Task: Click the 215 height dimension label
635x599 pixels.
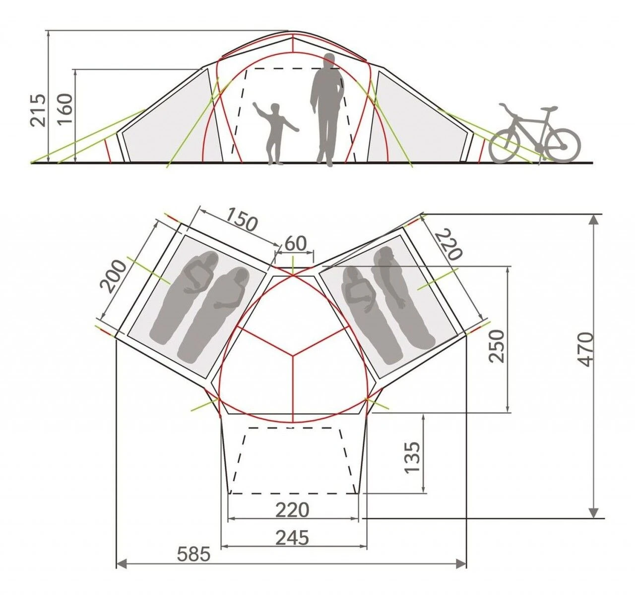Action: pos(38,110)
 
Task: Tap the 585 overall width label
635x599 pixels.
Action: pos(194,554)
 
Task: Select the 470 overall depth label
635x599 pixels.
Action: pos(586,349)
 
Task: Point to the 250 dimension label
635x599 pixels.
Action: pos(496,346)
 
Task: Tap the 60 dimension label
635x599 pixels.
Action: pos(296,244)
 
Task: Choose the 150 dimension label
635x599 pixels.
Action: pos(242,219)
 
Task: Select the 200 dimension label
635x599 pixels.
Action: pos(112,276)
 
